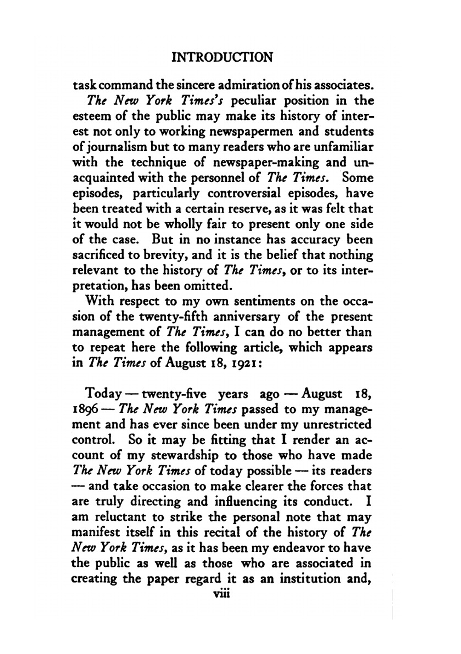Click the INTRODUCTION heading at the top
pos(222,57)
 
